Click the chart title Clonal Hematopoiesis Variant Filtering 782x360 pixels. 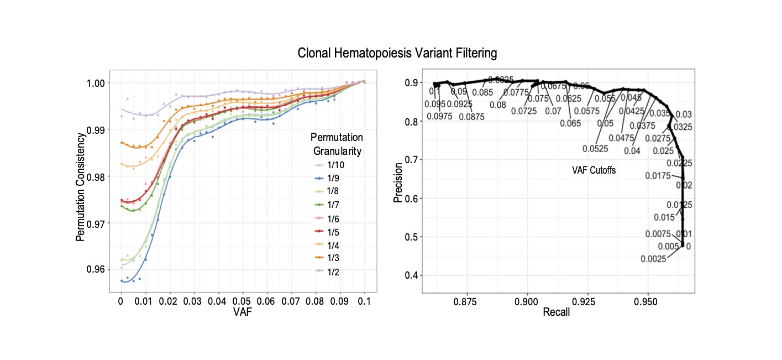pos(397,53)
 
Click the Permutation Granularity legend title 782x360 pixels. pos(337,144)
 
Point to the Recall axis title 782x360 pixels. pos(556,312)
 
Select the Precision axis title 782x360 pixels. pos(398,181)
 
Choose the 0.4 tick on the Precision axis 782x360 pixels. pos(411,275)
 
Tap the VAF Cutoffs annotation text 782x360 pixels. pos(594,171)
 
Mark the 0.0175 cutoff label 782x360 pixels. pos(658,176)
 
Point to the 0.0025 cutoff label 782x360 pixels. pos(654,259)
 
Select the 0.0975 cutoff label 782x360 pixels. pos(439,116)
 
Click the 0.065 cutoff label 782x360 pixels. pos(570,123)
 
